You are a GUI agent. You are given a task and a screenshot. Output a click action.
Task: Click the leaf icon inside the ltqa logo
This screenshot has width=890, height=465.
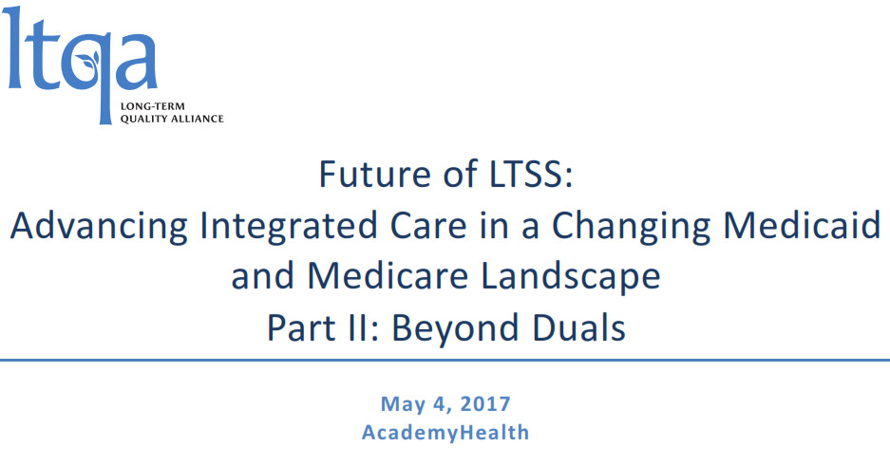click(x=88, y=60)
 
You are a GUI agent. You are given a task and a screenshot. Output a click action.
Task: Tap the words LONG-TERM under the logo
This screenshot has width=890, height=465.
click(x=152, y=106)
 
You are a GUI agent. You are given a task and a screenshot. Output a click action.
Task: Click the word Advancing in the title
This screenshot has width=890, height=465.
click(x=99, y=226)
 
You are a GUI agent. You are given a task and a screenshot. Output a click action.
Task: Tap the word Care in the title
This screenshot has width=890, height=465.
click(x=428, y=225)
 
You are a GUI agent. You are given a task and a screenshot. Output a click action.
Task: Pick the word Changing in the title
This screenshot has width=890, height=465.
click(x=631, y=226)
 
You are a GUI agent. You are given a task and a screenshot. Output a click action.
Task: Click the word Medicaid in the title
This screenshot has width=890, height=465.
click(x=802, y=225)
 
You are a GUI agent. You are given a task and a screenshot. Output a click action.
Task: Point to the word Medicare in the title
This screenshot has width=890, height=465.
click(x=388, y=276)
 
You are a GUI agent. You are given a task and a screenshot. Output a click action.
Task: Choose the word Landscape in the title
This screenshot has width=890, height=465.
click(x=571, y=277)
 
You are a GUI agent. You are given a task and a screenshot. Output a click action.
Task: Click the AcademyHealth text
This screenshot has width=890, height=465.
click(x=445, y=433)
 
